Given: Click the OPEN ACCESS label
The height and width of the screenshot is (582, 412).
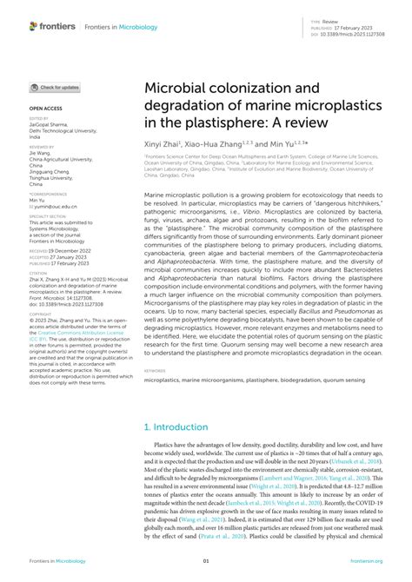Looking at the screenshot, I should point(44,109).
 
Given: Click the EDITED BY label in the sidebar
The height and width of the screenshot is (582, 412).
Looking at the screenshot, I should point(39,118).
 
